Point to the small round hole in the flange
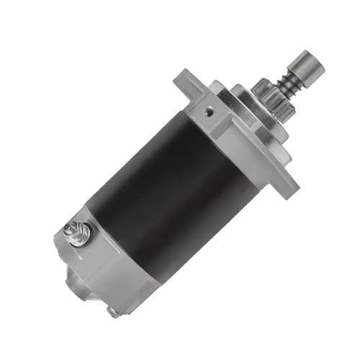click(x=208, y=112)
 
